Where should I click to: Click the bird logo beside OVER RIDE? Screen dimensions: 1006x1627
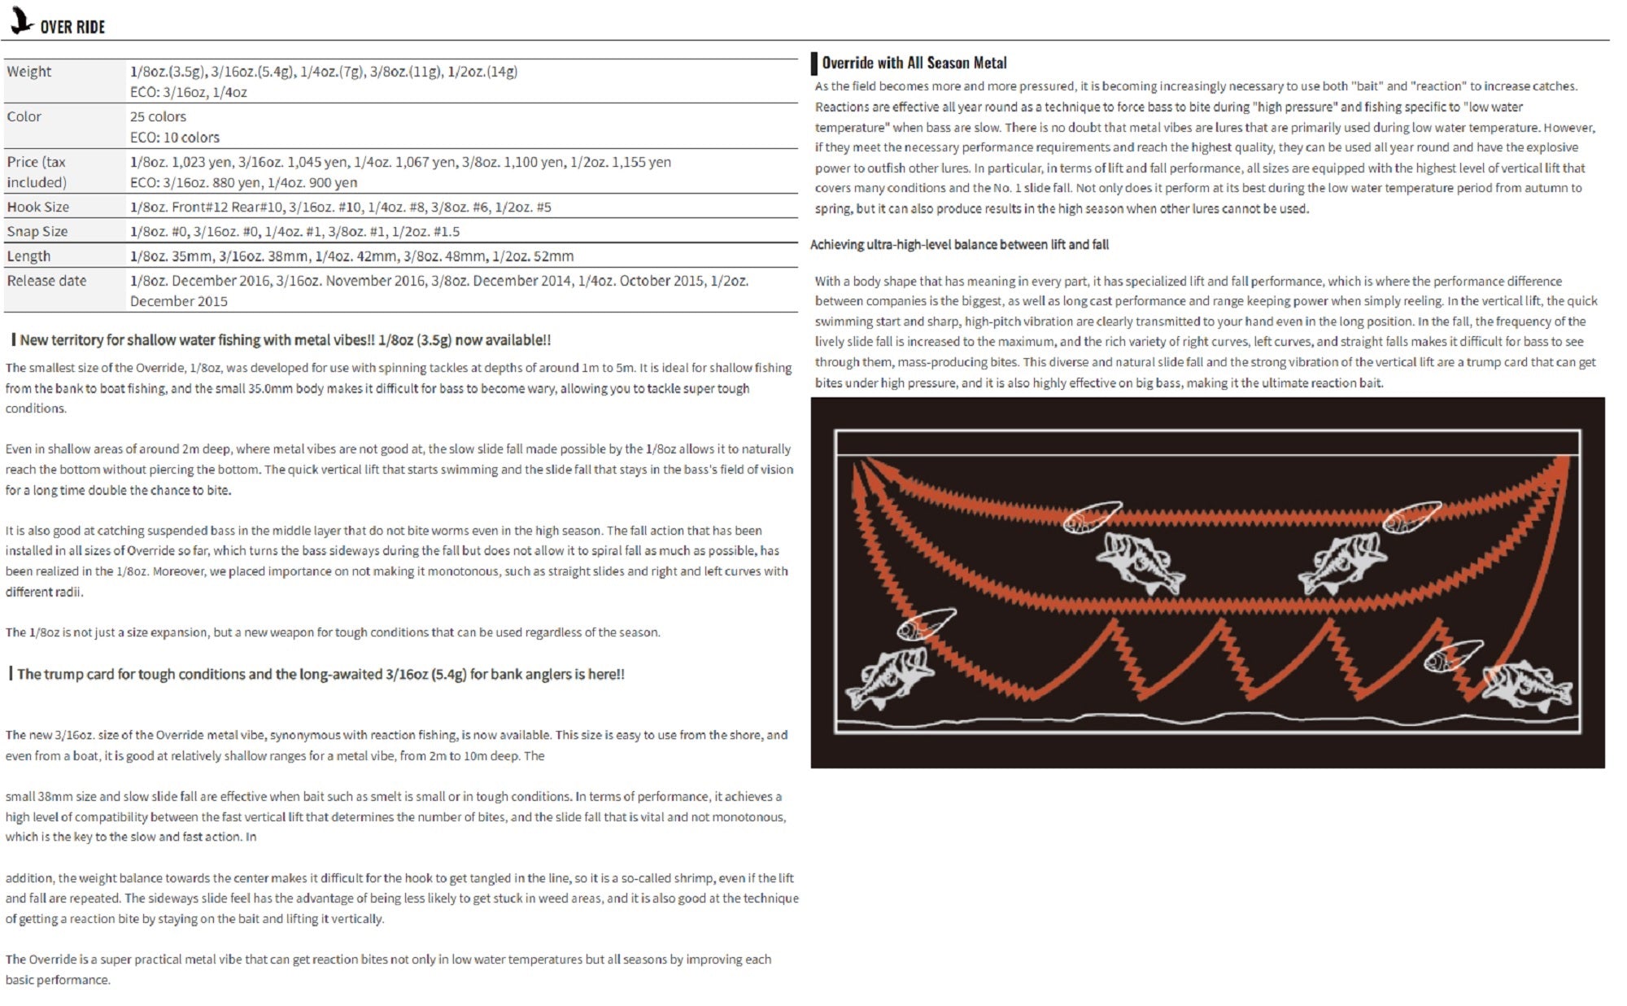click(21, 20)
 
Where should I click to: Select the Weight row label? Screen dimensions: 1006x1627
click(29, 72)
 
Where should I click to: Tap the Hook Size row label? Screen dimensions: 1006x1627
click(38, 207)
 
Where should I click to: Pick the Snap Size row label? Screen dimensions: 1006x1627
click(37, 231)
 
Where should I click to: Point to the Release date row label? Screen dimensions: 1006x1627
click(46, 281)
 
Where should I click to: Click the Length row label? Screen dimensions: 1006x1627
click(28, 256)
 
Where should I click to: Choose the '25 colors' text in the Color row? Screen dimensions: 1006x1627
click(158, 116)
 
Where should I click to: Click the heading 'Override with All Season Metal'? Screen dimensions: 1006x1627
click(914, 63)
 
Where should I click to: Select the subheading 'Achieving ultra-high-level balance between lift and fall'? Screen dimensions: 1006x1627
click(959, 244)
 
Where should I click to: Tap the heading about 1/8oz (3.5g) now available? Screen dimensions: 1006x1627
click(285, 340)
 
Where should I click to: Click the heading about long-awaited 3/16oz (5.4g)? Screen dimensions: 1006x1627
click(321, 674)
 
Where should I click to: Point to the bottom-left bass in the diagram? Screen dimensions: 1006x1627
click(888, 677)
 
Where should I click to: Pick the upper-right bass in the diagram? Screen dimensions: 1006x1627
click(1342, 561)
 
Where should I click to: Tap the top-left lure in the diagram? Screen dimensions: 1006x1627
click(1093, 517)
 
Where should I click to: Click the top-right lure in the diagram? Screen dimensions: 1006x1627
click(1411, 517)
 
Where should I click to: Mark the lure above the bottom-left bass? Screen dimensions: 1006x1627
click(926, 624)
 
